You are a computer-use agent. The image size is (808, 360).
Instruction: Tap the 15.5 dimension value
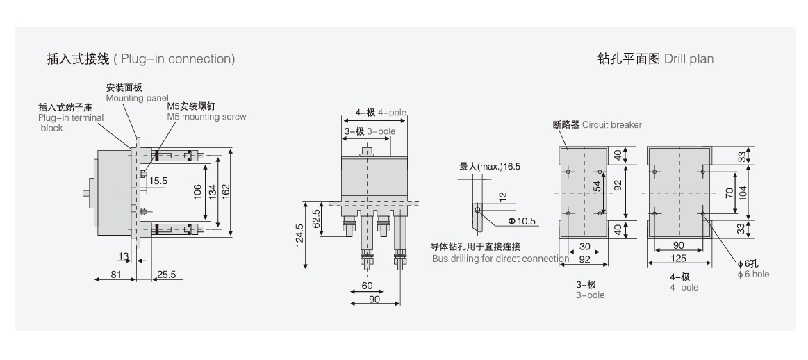158,181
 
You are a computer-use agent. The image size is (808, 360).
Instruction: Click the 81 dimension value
116,275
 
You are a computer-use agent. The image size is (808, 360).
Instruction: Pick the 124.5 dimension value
299,236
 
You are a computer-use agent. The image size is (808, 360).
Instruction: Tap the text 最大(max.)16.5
490,167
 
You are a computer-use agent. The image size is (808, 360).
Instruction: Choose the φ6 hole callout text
753,268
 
